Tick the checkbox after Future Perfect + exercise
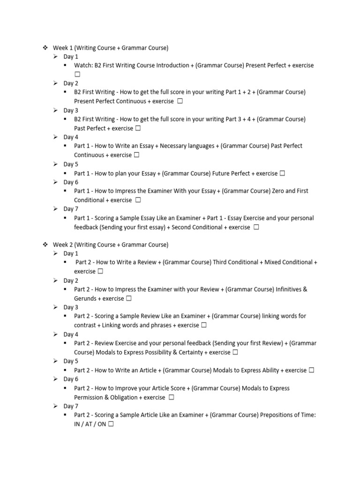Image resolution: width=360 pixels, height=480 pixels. point(282,173)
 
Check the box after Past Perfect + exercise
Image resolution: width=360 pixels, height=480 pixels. point(138,128)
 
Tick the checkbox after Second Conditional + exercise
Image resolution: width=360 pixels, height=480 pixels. point(256,227)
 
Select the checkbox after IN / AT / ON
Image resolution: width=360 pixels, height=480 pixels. point(111,424)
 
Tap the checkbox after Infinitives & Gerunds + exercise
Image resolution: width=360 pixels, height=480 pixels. point(128,299)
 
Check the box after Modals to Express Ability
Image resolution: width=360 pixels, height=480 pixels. point(311,370)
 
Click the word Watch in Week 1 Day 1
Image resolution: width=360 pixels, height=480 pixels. point(83,66)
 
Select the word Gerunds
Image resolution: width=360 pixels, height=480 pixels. point(85,299)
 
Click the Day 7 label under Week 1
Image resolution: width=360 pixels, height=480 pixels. point(71,209)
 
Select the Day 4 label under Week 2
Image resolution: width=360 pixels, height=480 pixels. point(71,335)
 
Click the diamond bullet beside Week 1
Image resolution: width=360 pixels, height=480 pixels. point(45,47)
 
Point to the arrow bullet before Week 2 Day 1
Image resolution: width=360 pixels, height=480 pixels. point(55,254)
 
